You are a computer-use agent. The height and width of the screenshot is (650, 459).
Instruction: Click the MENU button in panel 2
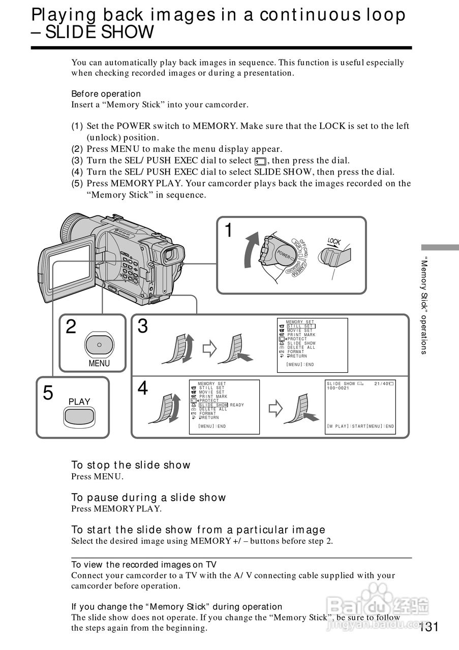[x=99, y=345]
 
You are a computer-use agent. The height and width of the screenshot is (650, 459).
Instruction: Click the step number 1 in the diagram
[x=229, y=231]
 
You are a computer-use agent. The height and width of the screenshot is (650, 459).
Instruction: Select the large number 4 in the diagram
[x=143, y=389]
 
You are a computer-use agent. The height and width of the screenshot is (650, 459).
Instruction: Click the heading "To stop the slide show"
[x=131, y=465]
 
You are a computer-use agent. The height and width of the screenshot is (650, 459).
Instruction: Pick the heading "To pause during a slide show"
[x=148, y=498]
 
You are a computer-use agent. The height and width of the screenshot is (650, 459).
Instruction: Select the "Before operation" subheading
[x=106, y=94]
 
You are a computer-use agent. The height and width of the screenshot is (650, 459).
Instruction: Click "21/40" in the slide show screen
[x=381, y=384]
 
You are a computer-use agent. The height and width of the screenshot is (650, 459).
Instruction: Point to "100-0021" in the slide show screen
[x=338, y=388]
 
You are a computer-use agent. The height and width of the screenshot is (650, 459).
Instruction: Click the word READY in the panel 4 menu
[x=237, y=405]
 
